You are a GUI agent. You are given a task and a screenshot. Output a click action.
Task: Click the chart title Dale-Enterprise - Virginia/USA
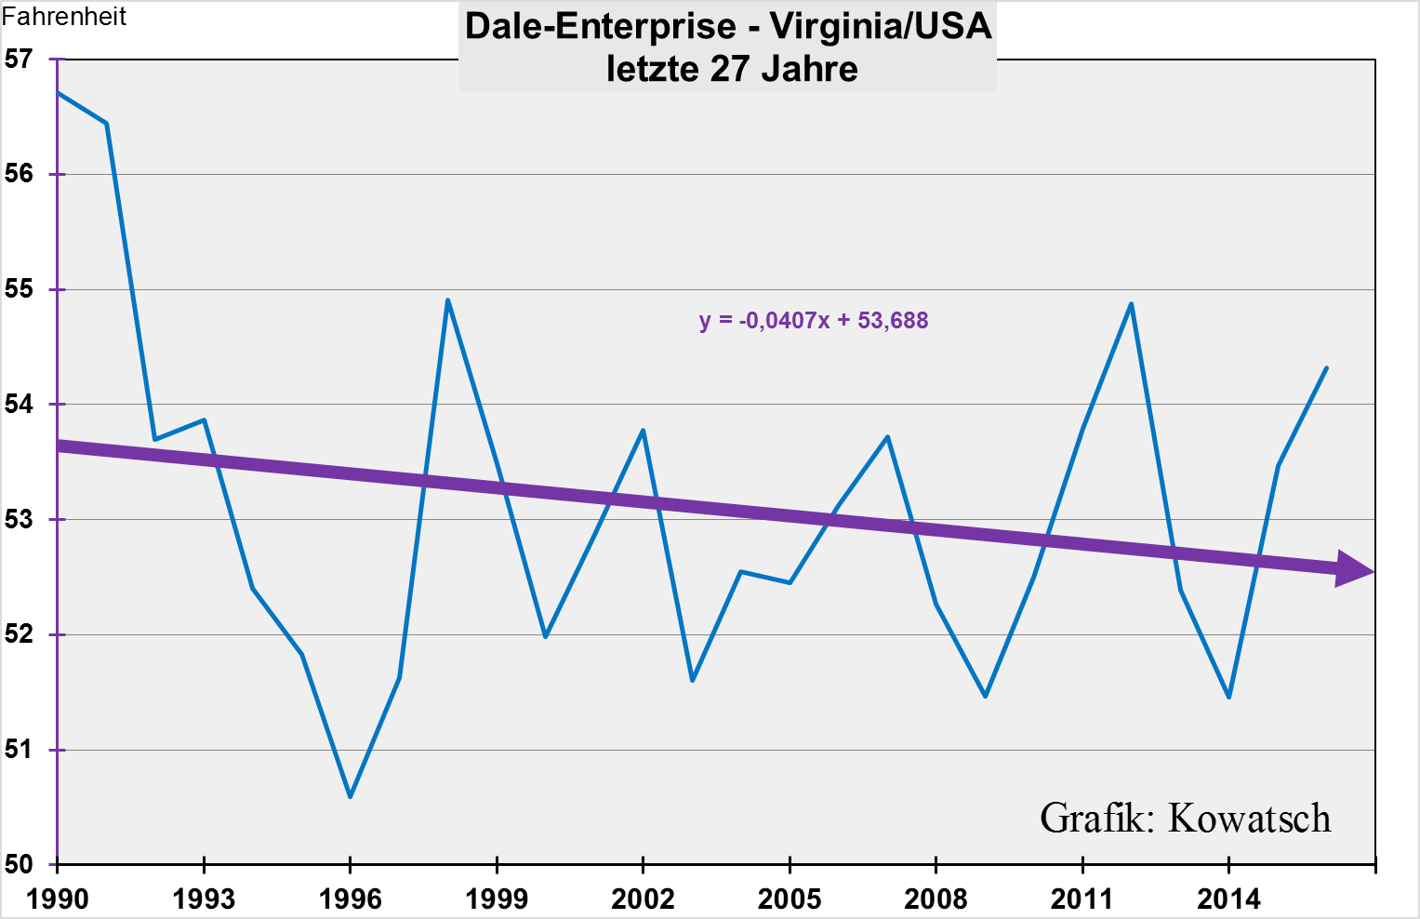728,26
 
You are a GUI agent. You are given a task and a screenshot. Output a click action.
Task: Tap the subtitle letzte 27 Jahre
731,70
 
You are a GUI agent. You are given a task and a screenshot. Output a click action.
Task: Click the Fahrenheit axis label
64,17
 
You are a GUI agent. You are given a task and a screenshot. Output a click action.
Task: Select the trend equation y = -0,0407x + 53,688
814,321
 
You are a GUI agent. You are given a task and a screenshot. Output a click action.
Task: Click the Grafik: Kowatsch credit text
1185,819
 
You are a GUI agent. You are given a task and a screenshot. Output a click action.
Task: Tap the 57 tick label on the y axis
19,60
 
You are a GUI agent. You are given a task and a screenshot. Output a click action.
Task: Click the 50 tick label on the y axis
19,865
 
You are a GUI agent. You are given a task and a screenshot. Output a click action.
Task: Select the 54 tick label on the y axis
19,405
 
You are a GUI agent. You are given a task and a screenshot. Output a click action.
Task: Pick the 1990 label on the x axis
58,899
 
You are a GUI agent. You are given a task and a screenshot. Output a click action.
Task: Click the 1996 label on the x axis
351,899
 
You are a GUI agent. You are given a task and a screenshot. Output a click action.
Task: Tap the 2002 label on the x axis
643,899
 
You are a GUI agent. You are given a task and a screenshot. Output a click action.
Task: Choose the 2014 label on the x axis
1228,899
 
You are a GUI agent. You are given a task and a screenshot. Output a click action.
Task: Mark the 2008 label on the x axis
936,899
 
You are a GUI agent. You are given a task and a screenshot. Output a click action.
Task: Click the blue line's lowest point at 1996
350,797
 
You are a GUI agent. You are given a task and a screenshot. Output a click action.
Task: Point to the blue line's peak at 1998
447,300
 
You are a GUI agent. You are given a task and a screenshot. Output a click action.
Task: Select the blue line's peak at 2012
1131,303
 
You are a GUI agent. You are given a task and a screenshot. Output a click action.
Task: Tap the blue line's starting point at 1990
59,93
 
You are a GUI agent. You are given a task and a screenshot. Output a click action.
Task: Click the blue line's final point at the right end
1326,367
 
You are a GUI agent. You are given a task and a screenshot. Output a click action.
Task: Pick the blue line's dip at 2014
1228,697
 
